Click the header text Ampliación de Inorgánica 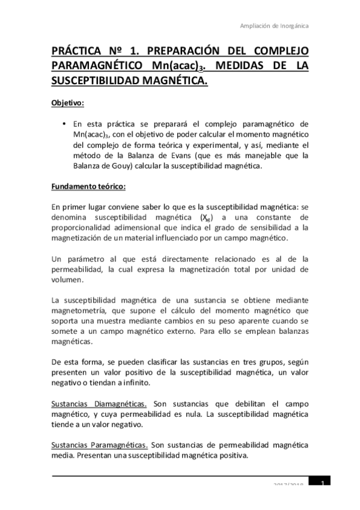point(275,26)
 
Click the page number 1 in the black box point(323,484)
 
